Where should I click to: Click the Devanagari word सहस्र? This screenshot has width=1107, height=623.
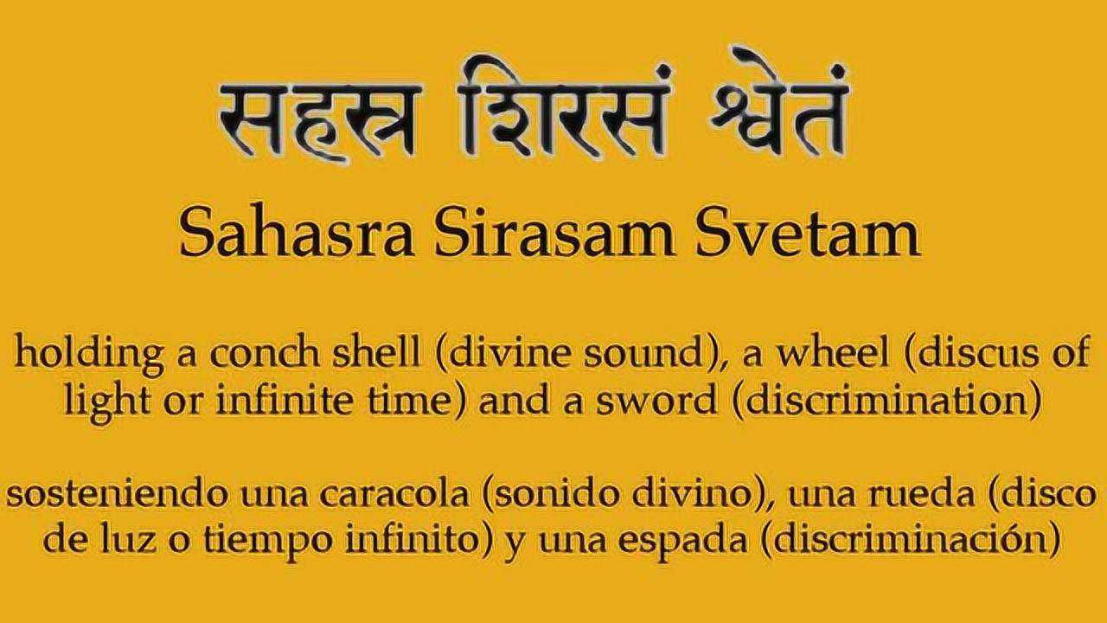coord(320,121)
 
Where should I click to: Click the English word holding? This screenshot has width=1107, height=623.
coord(89,354)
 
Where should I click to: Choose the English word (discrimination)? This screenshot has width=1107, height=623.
coord(888,401)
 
